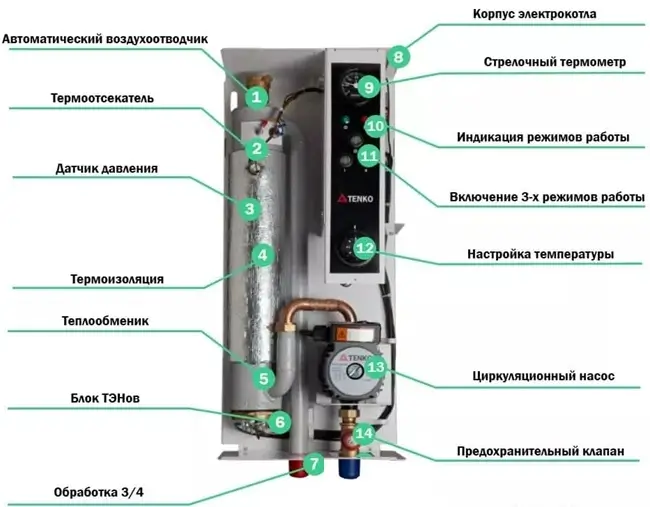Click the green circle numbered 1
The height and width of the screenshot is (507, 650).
(256, 97)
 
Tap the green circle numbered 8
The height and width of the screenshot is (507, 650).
(399, 57)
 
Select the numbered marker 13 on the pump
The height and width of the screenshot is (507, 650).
(375, 368)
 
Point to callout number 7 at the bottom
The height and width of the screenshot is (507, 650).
(313, 464)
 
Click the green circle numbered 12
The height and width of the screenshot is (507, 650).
(364, 247)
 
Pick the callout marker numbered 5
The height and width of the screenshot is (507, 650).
(263, 379)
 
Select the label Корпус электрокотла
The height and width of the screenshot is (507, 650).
(555, 17)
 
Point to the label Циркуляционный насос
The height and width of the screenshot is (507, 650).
(543, 377)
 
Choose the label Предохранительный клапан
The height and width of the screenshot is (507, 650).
(541, 452)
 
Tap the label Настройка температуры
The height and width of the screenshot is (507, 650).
(540, 253)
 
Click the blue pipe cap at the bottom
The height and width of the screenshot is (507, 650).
(349, 467)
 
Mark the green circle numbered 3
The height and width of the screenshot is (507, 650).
(249, 208)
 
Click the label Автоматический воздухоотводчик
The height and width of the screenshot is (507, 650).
(106, 39)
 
